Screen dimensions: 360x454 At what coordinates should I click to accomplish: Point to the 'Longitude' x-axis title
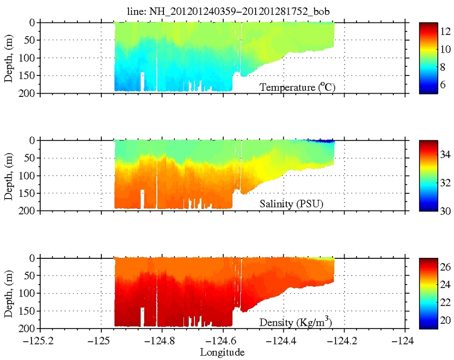223,353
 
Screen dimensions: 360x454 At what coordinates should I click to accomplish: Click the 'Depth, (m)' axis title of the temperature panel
9,58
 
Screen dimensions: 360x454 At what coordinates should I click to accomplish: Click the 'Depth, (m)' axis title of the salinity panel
9,175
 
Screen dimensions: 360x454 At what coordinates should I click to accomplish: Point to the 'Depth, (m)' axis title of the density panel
9,293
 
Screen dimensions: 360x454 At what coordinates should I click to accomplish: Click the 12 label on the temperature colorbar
445,31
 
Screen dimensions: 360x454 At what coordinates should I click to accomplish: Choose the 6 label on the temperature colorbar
445,83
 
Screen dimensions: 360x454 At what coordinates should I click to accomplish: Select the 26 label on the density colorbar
445,268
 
